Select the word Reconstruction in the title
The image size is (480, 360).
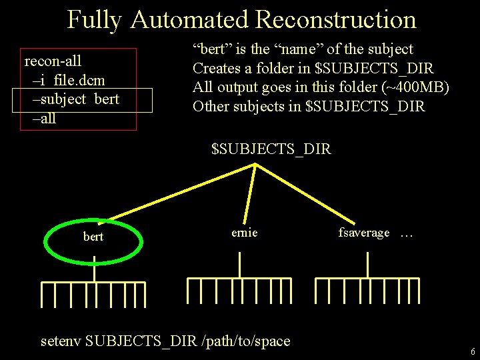(x=335, y=19)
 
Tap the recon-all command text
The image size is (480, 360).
(x=53, y=61)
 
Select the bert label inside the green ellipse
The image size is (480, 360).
(x=93, y=237)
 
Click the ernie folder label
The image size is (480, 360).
(x=244, y=233)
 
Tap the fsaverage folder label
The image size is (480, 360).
(x=364, y=233)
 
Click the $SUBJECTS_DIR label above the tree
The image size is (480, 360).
(x=271, y=149)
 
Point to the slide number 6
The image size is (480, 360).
(x=472, y=351)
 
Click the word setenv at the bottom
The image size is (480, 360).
(x=61, y=341)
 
